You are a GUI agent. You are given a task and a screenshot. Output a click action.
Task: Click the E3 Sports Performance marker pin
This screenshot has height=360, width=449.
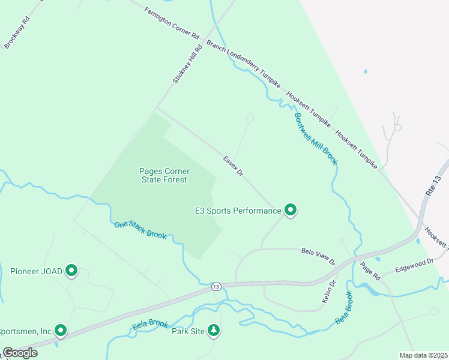pyautogui.click(x=291, y=210)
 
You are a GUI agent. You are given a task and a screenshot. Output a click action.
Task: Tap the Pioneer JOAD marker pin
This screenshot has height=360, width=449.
pyautogui.click(x=72, y=271)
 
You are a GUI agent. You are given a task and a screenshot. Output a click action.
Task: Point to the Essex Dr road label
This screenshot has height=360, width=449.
pyautogui.click(x=234, y=166)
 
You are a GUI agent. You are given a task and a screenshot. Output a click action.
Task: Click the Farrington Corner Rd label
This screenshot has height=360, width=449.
pyautogui.click(x=172, y=23)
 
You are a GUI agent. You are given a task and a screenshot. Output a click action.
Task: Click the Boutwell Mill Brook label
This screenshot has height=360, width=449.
pyautogui.click(x=316, y=139)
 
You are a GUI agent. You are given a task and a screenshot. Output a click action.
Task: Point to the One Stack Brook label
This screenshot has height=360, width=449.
pyautogui.click(x=140, y=230)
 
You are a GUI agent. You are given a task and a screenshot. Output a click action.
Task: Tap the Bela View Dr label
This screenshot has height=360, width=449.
pyautogui.click(x=318, y=256)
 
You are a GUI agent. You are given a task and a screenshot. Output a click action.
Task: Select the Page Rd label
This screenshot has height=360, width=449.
pyautogui.click(x=371, y=271)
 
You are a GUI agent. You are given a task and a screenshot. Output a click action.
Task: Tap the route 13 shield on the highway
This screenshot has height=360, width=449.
pyautogui.click(x=216, y=287)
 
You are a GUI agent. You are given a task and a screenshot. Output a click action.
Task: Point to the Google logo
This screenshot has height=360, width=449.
pyautogui.click(x=20, y=353)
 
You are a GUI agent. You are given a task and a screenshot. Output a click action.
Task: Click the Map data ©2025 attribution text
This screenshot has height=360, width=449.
pyautogui.click(x=424, y=355)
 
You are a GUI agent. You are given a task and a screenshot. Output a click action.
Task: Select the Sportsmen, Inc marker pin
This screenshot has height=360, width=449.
pyautogui.click(x=61, y=331)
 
